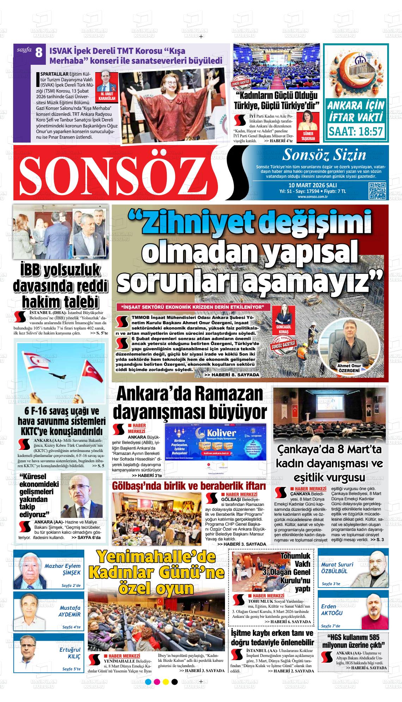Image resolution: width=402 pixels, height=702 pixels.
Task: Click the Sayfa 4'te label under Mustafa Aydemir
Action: (71, 627)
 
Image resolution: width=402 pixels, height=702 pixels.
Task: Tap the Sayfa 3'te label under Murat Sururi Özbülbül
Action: (331, 584)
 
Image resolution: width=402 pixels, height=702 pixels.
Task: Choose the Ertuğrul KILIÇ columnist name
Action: (70, 653)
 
